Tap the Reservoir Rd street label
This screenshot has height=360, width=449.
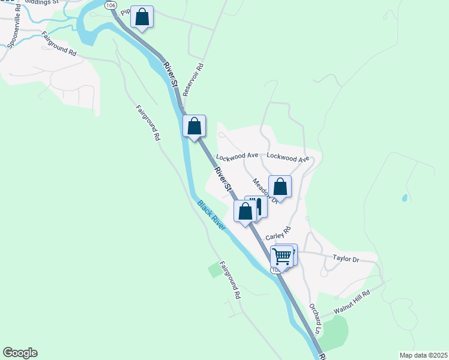coord(193,80)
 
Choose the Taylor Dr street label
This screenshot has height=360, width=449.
coord(345,259)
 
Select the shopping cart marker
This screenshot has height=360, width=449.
coord(282,257)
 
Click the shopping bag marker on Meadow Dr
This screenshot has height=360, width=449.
coord(280,187)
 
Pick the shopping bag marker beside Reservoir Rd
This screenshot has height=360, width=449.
coord(194,127)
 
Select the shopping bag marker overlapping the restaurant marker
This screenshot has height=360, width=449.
coord(244,211)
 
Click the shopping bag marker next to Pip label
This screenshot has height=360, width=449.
coord(142,17)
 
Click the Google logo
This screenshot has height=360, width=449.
coord(20,353)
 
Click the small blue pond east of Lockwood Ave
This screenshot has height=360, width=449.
coord(404,197)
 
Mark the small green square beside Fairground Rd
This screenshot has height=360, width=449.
coord(215,270)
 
